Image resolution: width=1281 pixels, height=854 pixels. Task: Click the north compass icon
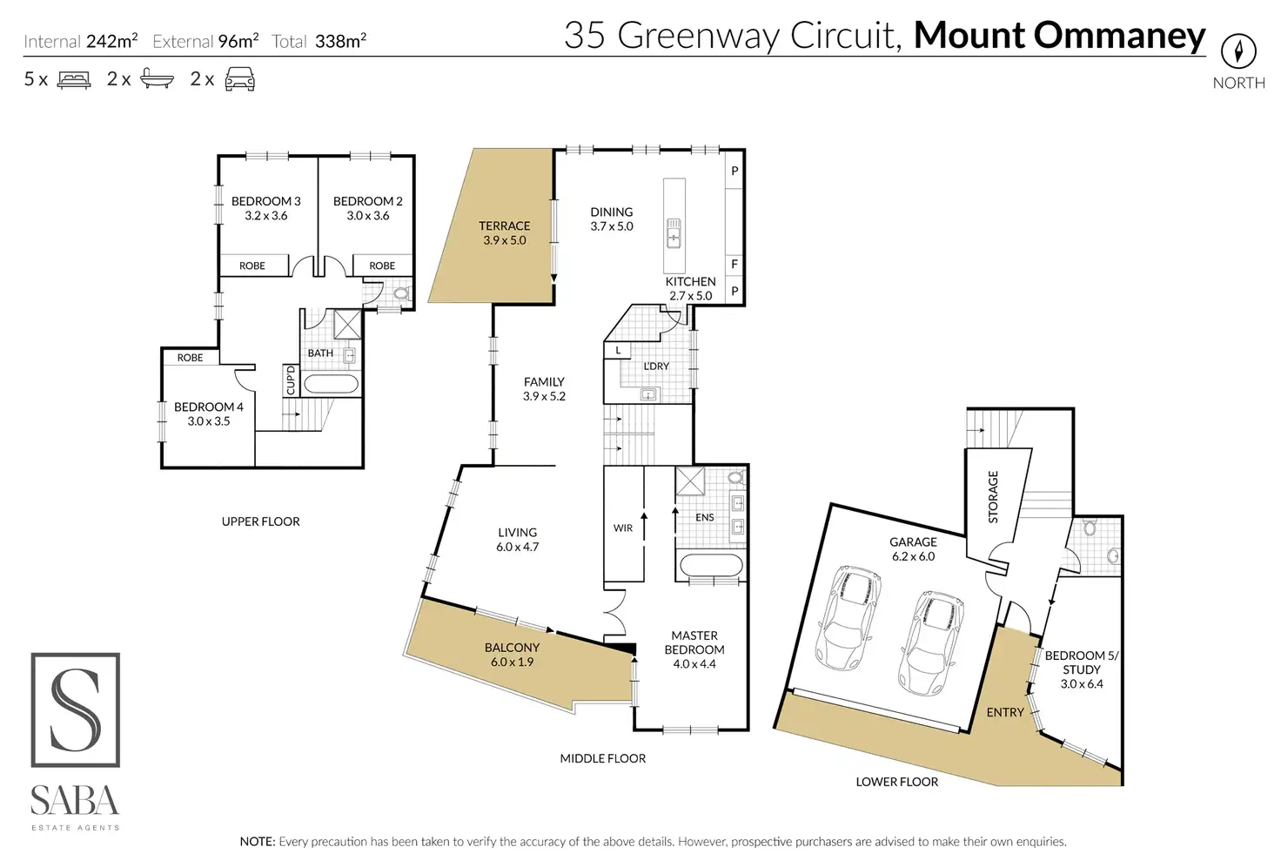[x=1238, y=51]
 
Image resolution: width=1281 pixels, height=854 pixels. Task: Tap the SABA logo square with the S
[x=76, y=709]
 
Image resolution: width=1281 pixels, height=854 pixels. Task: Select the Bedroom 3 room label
[x=265, y=208]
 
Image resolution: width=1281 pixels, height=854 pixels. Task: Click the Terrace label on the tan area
[x=504, y=232]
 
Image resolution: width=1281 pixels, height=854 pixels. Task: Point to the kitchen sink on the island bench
[x=674, y=233]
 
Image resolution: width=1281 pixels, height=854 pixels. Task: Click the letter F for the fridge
[x=734, y=264]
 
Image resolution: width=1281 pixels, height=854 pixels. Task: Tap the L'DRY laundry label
[x=656, y=366]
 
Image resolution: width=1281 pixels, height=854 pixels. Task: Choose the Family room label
[x=544, y=388]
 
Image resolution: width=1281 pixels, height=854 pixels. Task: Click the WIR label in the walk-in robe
[x=623, y=528]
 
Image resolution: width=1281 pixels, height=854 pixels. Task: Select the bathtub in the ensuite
[x=711, y=566]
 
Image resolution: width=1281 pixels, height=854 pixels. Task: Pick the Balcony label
[x=512, y=655]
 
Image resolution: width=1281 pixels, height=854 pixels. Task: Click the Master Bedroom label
[x=694, y=649]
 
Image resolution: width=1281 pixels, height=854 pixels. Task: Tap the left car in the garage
[x=848, y=617]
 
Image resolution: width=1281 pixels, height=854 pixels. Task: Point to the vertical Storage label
[x=993, y=497]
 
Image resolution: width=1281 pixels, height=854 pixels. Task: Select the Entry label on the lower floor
[x=1005, y=712]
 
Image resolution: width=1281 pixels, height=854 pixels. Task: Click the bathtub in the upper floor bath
[x=331, y=385]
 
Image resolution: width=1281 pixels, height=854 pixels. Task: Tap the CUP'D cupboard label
[x=291, y=380]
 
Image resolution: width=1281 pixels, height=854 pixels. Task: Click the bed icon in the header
[x=74, y=80]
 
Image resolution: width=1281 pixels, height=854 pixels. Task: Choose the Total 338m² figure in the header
[x=319, y=41]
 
